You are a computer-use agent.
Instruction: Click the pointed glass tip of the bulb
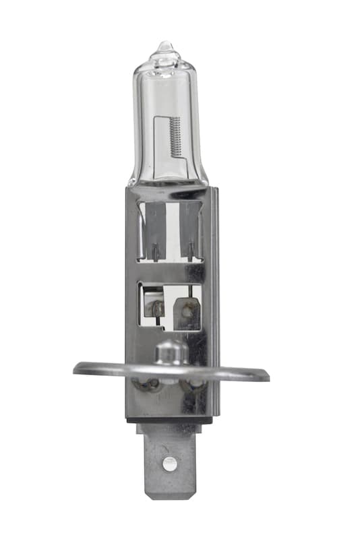164,46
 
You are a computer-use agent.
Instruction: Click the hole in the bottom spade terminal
170,463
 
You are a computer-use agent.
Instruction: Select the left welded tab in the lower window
156,307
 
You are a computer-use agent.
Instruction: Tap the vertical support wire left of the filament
156,145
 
